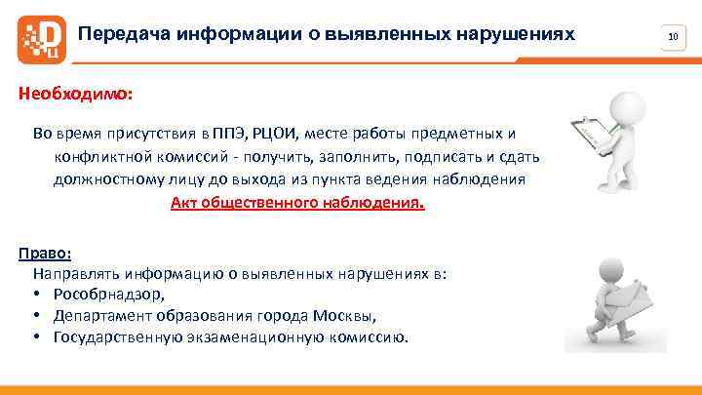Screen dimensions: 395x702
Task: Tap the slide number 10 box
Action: (673, 37)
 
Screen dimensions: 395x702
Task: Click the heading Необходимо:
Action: (74, 97)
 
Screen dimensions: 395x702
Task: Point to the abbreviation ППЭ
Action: (233, 134)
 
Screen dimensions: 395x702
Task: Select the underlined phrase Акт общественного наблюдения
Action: (297, 204)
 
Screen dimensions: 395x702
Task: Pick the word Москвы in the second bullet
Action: (343, 316)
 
